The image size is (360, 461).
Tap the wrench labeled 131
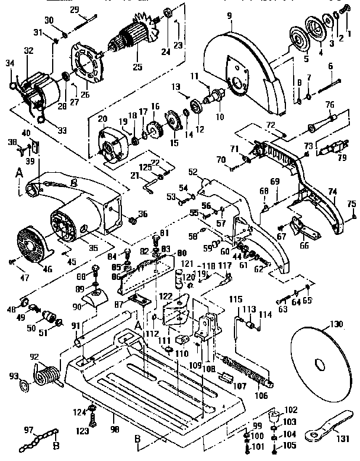point(324,430)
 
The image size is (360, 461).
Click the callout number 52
point(192,172)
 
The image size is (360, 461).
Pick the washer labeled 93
point(25,386)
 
